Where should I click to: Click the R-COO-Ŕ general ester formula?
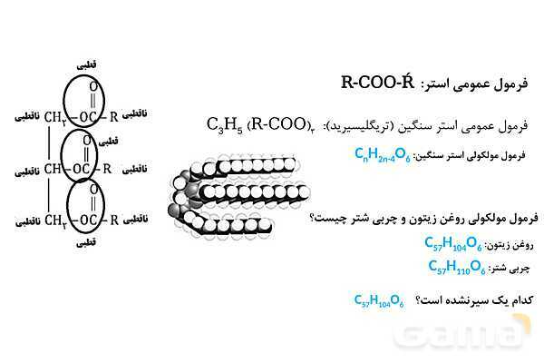pos(377,83)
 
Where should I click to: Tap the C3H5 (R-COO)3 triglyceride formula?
pos(261,125)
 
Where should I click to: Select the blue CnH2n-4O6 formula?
pos(383,154)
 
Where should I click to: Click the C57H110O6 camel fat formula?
pos(457,267)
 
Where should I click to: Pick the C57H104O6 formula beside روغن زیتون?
pos(453,243)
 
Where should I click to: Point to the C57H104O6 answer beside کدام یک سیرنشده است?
pos(379,300)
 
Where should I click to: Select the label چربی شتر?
pos(510,269)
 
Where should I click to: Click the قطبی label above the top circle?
pos(86,65)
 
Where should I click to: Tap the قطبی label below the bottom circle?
pos(86,243)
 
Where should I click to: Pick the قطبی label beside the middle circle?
pos(109,142)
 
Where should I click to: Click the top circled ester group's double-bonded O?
pos(93,86)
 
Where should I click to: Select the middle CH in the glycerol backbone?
pos(53,169)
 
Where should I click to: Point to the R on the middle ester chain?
pos(107,169)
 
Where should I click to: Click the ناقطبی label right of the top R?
pos(134,113)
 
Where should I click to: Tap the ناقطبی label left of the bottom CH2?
pos(28,221)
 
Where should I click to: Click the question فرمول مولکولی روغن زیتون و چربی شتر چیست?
pos(424,219)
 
